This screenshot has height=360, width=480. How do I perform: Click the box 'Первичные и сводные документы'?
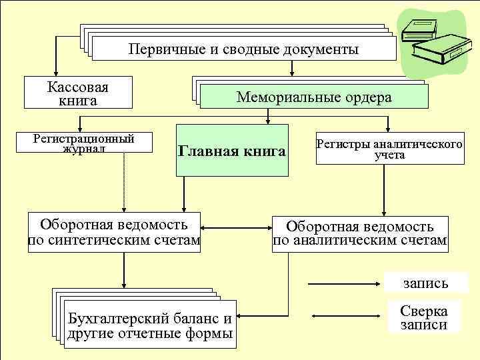[243, 49]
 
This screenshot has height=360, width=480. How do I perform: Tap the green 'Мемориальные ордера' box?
[313, 97]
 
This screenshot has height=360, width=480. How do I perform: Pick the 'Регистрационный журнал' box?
[84, 143]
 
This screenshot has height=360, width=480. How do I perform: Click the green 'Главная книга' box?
[232, 151]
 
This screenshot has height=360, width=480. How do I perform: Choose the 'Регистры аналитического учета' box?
[389, 149]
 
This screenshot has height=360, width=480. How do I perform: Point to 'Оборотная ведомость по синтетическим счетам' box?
[114, 231]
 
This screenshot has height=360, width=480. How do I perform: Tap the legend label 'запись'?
[425, 283]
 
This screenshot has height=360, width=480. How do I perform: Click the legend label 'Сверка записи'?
[424, 318]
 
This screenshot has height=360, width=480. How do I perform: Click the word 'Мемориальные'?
[280, 98]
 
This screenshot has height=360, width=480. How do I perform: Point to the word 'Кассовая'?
[77, 87]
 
